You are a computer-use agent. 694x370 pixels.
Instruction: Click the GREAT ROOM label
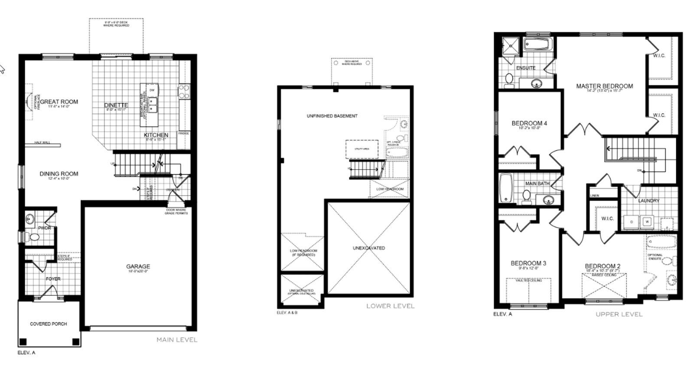click(59, 102)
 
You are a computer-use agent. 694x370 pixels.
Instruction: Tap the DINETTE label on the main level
click(116, 105)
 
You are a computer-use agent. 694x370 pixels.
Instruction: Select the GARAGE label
click(138, 266)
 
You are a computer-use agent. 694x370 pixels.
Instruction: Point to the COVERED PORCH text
click(49, 324)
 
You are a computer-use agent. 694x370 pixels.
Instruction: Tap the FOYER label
click(53, 279)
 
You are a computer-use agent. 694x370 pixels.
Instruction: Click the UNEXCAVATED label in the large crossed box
click(368, 248)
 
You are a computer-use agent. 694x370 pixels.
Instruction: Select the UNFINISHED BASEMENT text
click(332, 116)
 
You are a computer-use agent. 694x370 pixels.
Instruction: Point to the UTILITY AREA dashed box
click(362, 149)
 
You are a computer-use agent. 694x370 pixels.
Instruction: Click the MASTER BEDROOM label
click(604, 86)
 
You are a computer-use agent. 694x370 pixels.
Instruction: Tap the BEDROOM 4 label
click(529, 123)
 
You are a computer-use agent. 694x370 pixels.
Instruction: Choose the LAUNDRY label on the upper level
click(648, 201)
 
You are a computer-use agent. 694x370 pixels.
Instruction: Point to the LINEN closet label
click(595, 196)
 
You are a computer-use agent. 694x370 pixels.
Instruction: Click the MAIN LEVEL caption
click(176, 340)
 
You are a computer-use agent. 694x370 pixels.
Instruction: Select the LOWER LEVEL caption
click(390, 306)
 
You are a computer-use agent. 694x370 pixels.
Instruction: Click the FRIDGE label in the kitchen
click(183, 134)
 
